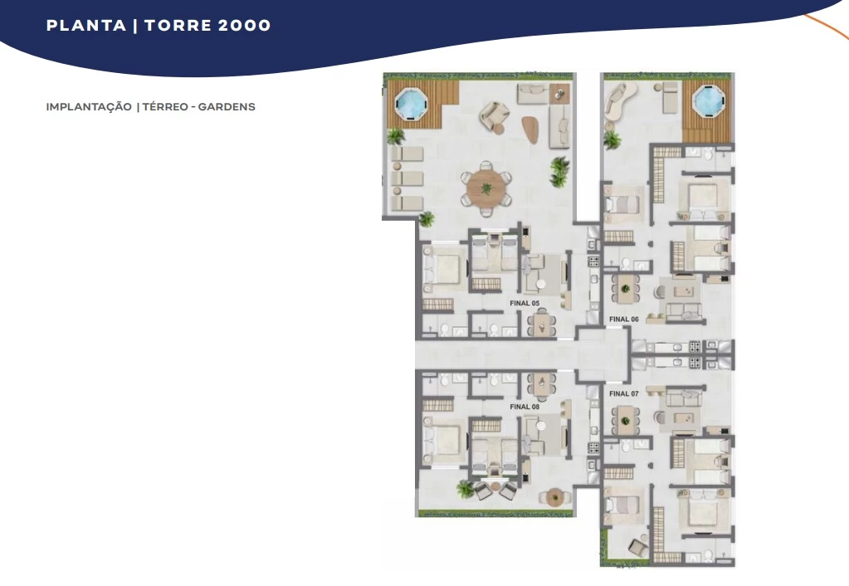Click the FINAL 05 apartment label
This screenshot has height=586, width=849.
(525, 303)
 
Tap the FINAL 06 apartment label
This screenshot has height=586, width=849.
(624, 319)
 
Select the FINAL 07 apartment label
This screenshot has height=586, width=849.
(624, 393)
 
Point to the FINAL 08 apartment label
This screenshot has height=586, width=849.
(525, 407)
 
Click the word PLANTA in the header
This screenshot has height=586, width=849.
(86, 26)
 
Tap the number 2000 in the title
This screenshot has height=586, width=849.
(242, 26)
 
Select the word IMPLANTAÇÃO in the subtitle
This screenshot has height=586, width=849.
(89, 107)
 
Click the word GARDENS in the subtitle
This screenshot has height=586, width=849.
(227, 107)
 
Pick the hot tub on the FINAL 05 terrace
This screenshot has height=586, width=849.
(411, 104)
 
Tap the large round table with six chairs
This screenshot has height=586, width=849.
(486, 188)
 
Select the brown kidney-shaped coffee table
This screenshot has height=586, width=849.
(530, 129)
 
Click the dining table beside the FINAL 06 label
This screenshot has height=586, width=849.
(625, 288)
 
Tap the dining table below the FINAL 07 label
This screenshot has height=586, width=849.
(625, 421)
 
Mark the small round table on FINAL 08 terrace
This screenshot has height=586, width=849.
(555, 496)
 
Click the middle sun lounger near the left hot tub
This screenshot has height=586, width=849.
(407, 178)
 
